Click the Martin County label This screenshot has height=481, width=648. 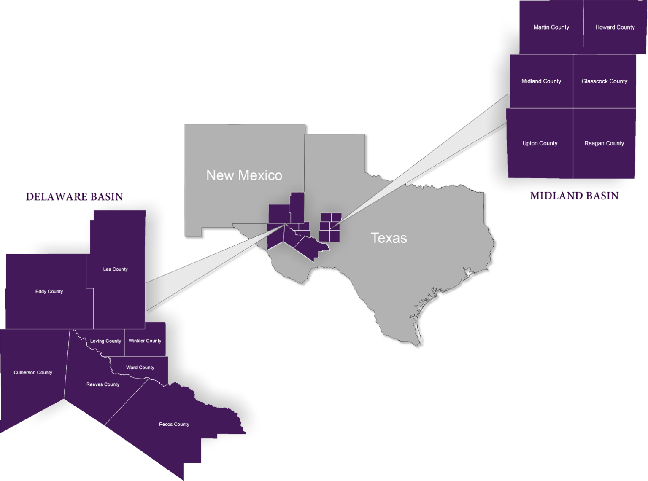(551, 27)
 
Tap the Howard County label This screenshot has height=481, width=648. (615, 27)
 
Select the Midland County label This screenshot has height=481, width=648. (541, 81)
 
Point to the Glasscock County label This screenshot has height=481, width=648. (604, 81)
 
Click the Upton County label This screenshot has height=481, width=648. (540, 144)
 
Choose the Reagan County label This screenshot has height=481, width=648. (604, 144)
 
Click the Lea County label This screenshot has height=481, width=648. (115, 269)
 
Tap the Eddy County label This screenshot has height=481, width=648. (49, 292)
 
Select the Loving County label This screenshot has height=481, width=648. (105, 341)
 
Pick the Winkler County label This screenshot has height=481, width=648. (145, 341)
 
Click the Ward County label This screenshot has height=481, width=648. (140, 368)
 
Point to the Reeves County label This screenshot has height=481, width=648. (103, 384)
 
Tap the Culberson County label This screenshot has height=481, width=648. (33, 373)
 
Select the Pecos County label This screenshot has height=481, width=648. (174, 425)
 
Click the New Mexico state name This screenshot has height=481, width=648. (244, 175)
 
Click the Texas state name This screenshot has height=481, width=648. (389, 238)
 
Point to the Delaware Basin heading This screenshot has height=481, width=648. (75, 197)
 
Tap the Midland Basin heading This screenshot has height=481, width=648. (574, 196)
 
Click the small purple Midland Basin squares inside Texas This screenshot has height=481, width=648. (330, 228)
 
